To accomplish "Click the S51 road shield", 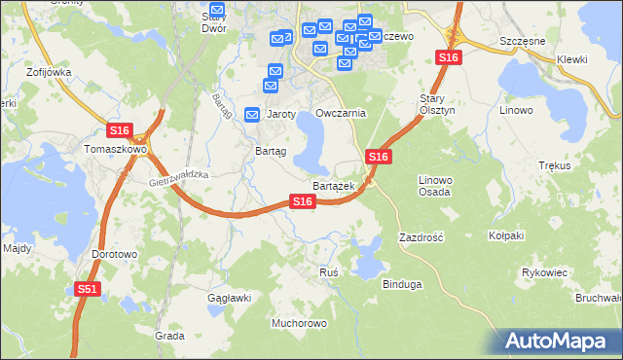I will pyautogui.click(x=88, y=289).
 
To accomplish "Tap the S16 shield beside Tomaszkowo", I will pyautogui.click(x=120, y=130).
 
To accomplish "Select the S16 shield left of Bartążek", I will pyautogui.click(x=303, y=201).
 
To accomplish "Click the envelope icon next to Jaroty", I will pyautogui.click(x=253, y=114).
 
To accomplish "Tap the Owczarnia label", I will pyautogui.click(x=341, y=113).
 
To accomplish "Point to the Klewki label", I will pyautogui.click(x=572, y=59).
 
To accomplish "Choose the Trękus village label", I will pyautogui.click(x=554, y=166).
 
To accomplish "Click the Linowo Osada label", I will pyautogui.click(x=435, y=186).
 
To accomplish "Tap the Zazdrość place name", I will pyautogui.click(x=421, y=236).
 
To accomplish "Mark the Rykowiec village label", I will pyautogui.click(x=545, y=272).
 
